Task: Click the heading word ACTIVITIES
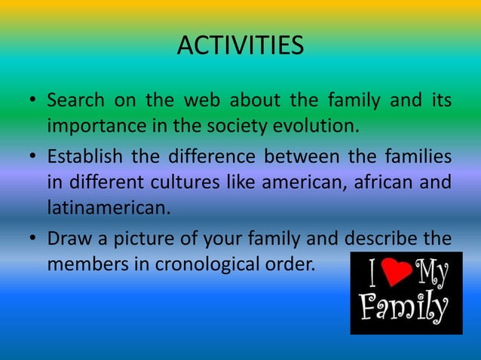[240, 46]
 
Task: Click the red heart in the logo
[395, 273]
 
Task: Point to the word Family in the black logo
[404, 309]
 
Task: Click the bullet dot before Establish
[34, 158]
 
